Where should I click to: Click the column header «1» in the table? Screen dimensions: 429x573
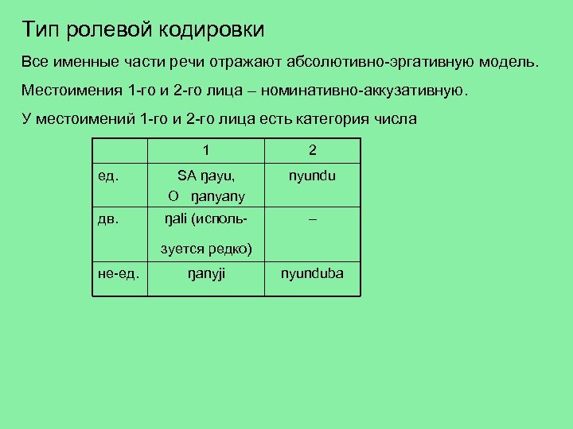point(206,150)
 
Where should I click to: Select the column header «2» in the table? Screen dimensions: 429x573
point(312,150)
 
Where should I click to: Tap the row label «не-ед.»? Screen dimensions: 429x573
point(119,275)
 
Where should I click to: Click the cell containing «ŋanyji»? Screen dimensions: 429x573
point(206,275)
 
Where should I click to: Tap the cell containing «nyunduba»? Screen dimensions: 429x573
point(312,275)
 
